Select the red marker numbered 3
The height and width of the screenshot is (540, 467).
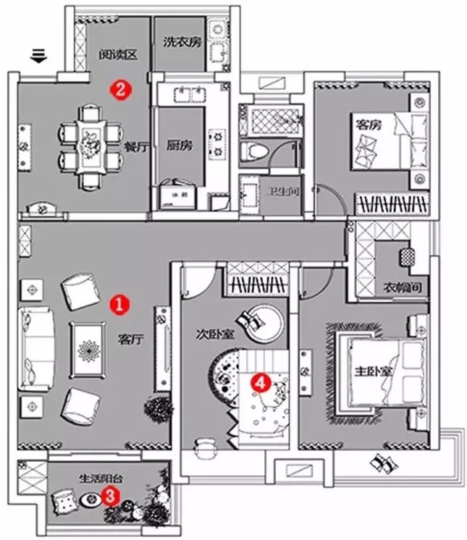point(109,496)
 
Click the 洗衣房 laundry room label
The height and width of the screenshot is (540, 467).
point(181,42)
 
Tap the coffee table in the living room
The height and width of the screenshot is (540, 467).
point(91,348)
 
